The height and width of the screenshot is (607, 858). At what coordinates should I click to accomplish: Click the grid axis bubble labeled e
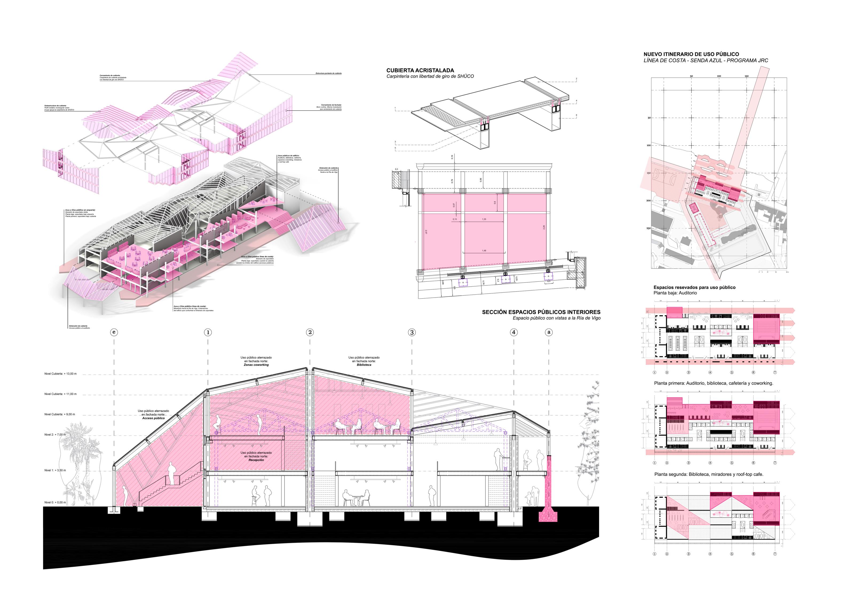114,332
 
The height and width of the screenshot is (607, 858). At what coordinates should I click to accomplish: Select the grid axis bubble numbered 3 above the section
412,332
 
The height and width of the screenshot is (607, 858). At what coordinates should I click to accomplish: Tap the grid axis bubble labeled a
549,332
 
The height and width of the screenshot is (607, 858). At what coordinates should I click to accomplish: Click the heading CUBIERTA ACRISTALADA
420,70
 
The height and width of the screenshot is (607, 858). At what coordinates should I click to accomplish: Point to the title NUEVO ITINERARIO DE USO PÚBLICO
691,54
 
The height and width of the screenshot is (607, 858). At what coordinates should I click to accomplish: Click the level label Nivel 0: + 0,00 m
55,502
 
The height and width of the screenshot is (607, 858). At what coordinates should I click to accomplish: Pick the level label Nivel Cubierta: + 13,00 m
60,374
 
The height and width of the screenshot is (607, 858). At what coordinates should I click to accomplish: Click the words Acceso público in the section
153,418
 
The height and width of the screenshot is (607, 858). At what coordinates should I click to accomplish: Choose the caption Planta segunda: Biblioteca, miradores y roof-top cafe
709,474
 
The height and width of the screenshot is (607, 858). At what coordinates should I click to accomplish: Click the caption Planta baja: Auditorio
675,293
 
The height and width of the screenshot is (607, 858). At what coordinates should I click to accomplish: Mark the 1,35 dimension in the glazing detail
484,219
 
